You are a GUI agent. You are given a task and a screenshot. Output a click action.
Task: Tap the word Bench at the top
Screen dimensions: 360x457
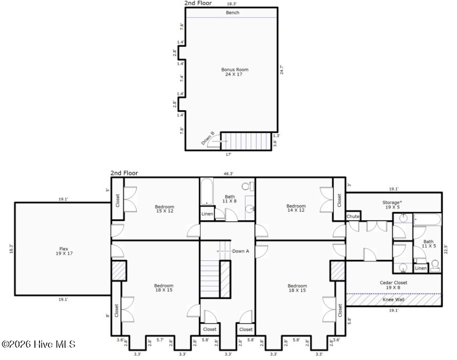233,13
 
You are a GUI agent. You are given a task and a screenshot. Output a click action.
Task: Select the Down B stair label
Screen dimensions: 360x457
208,139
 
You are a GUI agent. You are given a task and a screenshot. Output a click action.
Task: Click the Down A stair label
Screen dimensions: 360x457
240,251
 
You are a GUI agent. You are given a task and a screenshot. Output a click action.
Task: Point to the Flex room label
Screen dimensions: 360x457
62,251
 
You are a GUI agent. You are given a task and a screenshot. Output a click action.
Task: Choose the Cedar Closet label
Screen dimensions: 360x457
393,285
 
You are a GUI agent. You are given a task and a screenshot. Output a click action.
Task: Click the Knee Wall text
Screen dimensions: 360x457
393,299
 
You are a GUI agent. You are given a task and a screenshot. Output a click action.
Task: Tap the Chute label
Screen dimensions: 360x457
353,217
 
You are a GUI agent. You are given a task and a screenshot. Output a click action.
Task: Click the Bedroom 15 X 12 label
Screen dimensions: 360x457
164,209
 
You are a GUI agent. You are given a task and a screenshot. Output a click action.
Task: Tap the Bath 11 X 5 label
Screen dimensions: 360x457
428,244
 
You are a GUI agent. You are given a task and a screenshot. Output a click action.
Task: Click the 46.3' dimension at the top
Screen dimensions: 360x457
229,174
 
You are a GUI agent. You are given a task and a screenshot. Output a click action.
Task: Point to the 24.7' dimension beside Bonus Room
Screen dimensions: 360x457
281,69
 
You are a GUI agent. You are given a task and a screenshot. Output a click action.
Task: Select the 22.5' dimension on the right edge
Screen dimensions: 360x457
446,249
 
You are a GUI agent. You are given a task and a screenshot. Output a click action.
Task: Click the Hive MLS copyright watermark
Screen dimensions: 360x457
39,344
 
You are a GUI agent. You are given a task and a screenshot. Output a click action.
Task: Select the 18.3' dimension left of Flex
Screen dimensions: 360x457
10,249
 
